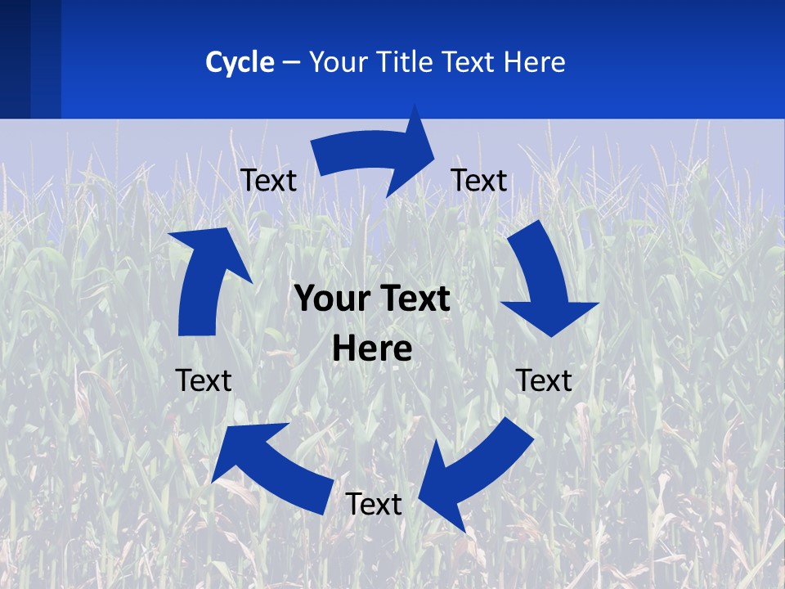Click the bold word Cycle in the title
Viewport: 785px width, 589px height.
click(240, 62)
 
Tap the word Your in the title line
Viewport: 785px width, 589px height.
click(337, 62)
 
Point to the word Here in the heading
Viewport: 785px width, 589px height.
click(533, 62)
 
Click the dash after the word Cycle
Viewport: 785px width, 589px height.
click(291, 63)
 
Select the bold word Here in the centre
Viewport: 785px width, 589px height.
click(372, 349)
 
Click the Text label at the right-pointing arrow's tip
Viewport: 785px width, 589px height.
click(479, 180)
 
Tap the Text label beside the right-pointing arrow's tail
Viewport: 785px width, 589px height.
click(268, 180)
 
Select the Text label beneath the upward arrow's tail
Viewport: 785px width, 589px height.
click(204, 380)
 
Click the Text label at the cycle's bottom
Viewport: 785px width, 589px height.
click(374, 504)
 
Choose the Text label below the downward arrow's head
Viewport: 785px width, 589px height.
click(544, 380)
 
